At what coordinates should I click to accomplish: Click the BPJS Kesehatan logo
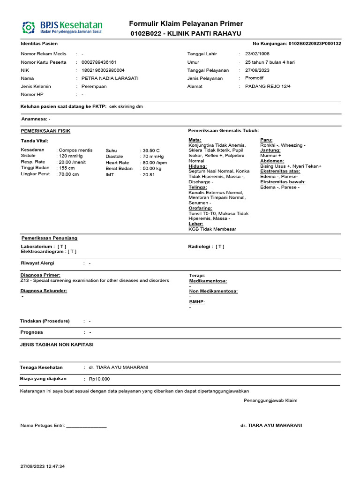point(62,27)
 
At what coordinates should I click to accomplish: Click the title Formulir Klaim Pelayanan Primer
point(186,24)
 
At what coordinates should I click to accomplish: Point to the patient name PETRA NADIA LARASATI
point(110,78)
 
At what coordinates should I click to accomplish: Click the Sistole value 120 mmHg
point(71,156)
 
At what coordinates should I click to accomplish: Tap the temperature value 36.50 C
point(151,150)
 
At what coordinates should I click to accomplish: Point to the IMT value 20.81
point(149,174)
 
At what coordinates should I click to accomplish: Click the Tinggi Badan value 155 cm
point(67,168)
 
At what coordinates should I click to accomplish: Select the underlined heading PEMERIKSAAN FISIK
point(45,131)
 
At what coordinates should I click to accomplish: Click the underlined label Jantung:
point(270,150)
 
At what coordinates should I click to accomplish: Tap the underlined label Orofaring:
point(200,208)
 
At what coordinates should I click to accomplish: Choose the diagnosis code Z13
point(25,280)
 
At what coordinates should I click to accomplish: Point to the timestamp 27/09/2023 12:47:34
point(43,466)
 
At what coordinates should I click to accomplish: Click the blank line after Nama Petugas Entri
point(87,427)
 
